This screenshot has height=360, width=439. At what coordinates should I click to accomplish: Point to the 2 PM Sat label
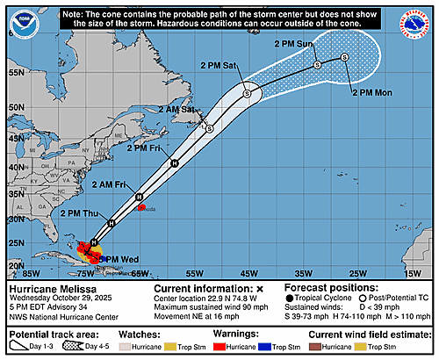(219, 66)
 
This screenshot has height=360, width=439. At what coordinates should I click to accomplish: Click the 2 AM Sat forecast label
(176, 109)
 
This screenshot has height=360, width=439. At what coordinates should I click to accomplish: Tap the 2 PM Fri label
(145, 148)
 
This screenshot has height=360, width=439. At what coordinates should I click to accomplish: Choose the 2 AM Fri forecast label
(111, 184)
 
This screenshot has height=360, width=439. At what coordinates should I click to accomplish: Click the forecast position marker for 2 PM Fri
(175, 163)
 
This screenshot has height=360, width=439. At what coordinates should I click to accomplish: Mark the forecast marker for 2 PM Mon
(344, 57)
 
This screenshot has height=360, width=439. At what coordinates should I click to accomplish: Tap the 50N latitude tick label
(14, 105)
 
